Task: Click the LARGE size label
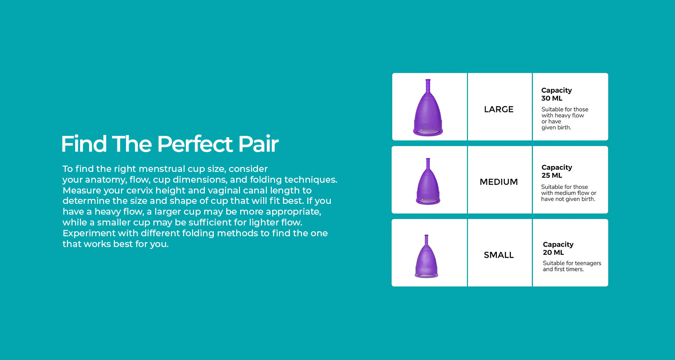[499, 109]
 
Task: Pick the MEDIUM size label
[499, 182]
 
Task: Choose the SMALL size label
[499, 255]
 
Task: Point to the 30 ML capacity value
[552, 98]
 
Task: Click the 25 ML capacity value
[552, 175]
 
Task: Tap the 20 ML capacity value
[553, 252]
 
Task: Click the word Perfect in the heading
[195, 144]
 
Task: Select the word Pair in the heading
[258, 144]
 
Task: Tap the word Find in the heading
[84, 144]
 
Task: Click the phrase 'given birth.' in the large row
[556, 128]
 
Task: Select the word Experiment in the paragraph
[89, 234]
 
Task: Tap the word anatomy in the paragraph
[106, 180]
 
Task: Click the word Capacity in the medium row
[557, 167]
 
